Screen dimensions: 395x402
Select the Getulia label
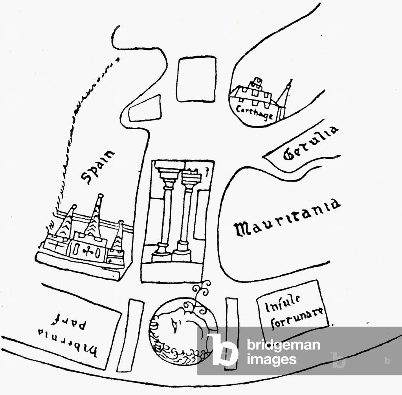tap(310, 143)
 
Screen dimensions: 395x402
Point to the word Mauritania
tap(287, 217)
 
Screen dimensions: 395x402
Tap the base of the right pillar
tap(182, 252)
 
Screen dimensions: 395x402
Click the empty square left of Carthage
tap(196, 79)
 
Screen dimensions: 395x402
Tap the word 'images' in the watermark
tap(271, 359)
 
